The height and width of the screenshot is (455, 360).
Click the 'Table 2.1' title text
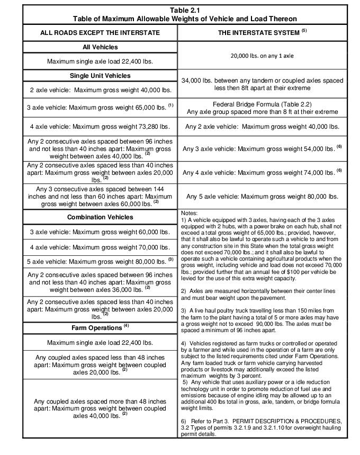click(x=185, y=10)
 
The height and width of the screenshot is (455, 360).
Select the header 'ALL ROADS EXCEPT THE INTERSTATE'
click(x=100, y=33)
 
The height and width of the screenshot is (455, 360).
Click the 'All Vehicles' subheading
click(x=100, y=47)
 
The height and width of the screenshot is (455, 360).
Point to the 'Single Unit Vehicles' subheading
click(x=100, y=76)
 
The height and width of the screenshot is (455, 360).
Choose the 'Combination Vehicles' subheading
click(x=100, y=217)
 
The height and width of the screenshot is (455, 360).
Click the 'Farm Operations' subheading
click(x=97, y=327)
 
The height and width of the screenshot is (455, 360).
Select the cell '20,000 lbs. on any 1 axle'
click(x=262, y=55)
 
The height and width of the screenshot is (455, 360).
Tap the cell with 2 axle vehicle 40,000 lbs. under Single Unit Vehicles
click(x=100, y=90)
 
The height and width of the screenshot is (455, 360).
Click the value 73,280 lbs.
click(x=153, y=127)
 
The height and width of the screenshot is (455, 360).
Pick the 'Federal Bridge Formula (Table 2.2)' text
click(x=262, y=104)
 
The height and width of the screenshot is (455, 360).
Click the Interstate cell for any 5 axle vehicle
click(x=262, y=196)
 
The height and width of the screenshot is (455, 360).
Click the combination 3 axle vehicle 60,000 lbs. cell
click(x=100, y=232)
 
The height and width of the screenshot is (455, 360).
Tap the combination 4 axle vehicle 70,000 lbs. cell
click(x=100, y=247)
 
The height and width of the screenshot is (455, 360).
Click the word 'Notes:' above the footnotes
click(x=190, y=213)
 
